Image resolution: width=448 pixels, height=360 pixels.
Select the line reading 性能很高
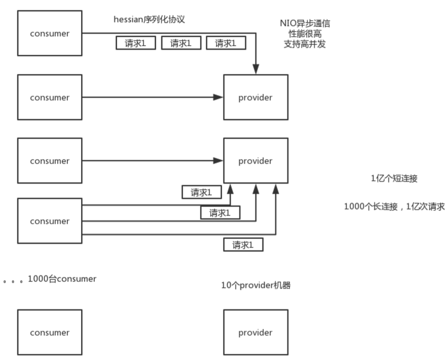click(x=304, y=34)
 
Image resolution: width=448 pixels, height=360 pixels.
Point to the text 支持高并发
click(x=304, y=44)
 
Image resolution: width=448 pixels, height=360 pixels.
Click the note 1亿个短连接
click(x=394, y=179)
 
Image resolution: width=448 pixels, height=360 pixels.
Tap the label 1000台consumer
click(x=62, y=279)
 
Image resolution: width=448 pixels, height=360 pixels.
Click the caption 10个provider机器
click(x=256, y=285)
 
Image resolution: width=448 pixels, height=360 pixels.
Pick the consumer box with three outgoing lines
click(x=49, y=221)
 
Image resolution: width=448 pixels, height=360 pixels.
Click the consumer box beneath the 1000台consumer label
click(x=49, y=332)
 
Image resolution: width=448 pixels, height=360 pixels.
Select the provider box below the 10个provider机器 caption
click(x=255, y=332)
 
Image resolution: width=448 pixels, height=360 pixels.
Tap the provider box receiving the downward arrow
click(x=255, y=97)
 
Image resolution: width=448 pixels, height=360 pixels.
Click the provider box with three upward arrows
click(x=255, y=161)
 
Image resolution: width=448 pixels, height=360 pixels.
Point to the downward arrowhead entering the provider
click(x=256, y=70)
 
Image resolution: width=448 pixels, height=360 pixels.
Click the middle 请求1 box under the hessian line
click(x=181, y=43)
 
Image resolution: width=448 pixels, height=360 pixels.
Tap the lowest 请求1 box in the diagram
click(x=243, y=244)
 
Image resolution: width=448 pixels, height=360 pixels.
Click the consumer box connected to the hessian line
click(x=49, y=34)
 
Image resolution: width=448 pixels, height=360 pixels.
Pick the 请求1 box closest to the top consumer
click(x=136, y=43)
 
